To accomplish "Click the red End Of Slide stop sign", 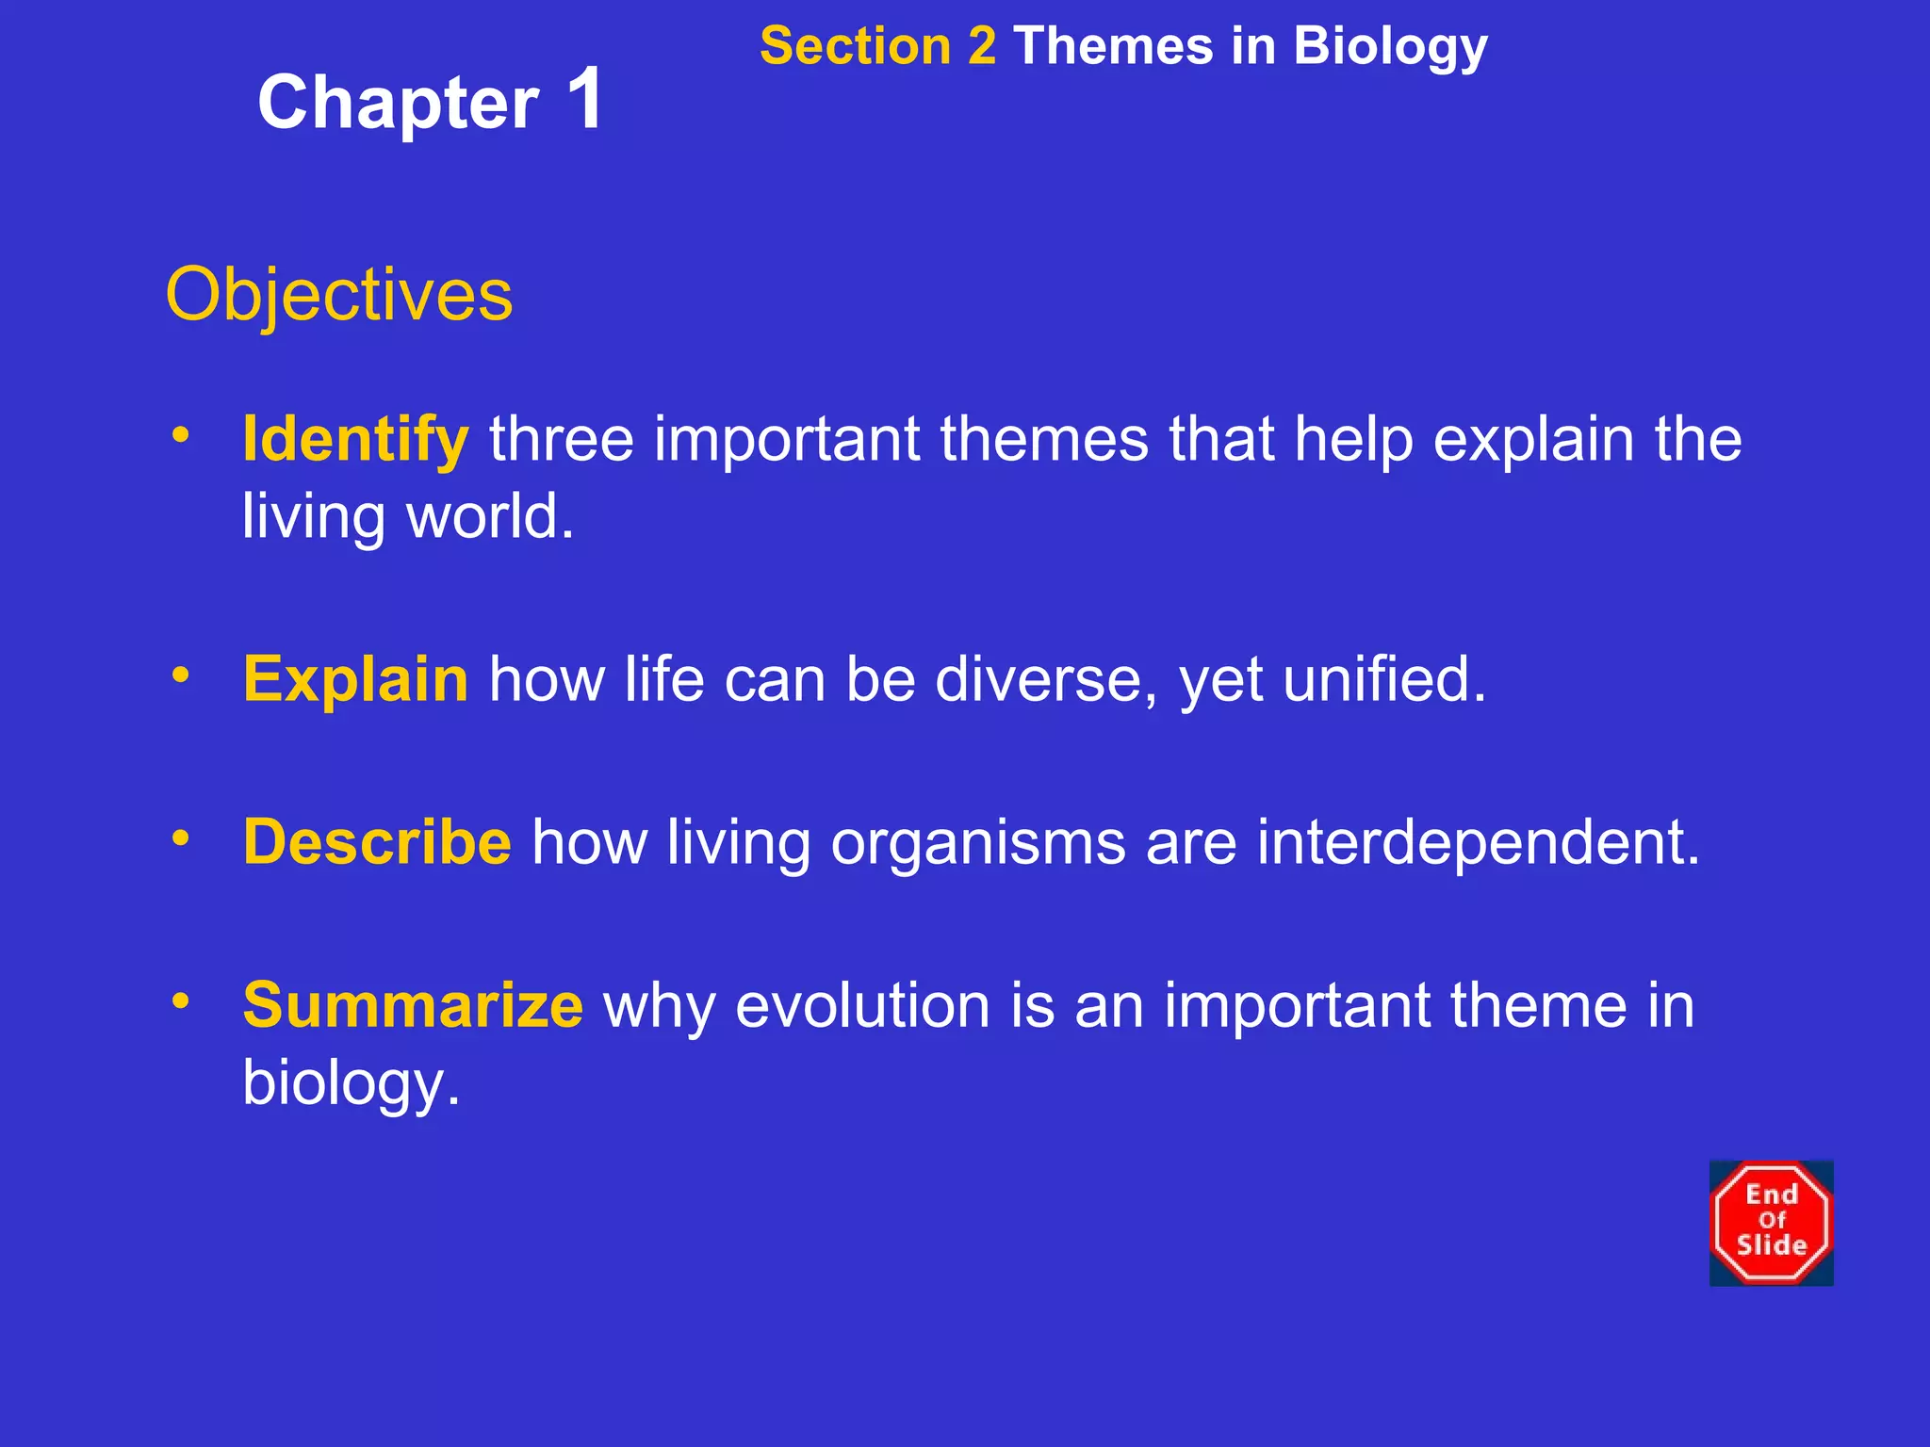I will coord(1771,1222).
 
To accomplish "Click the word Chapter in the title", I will coord(398,104).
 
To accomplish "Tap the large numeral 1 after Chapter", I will coord(585,99).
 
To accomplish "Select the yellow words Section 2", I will coord(877,46).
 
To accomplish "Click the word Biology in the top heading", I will coord(1390,48).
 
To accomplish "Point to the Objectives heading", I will coord(339,295).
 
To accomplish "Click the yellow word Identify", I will coord(355,440).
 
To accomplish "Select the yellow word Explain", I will coord(355,679).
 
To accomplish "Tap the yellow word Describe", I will coord(377,841).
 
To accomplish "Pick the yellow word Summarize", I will coord(413,1005).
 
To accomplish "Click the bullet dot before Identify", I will coord(181,435).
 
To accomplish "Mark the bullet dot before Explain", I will coord(181,675).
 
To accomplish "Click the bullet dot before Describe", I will coord(181,837).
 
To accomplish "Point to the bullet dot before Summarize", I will coord(181,1000).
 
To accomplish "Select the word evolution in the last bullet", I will coord(862,1005).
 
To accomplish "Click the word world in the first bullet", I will coord(489,517).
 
